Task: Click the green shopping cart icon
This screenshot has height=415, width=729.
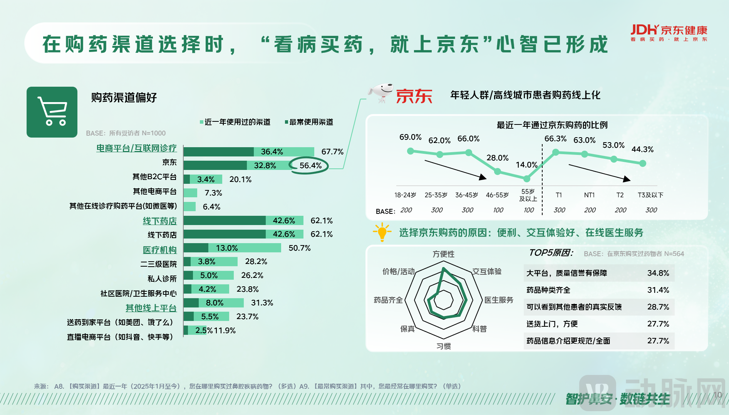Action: coord(52,112)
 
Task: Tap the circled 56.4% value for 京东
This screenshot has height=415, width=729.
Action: coord(310,166)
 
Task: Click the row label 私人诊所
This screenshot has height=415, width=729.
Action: coord(162,279)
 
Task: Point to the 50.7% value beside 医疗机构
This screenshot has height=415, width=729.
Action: coord(299,248)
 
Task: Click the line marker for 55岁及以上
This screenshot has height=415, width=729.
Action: coord(526,178)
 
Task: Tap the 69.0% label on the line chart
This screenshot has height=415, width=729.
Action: coord(410,137)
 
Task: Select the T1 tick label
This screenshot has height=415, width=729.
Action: coord(559,195)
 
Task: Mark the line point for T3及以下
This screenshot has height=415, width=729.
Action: coord(642,163)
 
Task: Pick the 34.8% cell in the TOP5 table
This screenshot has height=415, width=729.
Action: coord(658,273)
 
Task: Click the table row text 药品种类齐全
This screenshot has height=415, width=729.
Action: coord(548,290)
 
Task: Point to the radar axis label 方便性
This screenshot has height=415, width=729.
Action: coord(443,254)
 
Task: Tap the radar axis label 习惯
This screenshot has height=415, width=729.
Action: coord(443,346)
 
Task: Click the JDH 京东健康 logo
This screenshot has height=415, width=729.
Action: coord(669,32)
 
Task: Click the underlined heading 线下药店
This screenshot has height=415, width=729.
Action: coord(160,221)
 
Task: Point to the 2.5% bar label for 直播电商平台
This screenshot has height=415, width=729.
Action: coord(204,330)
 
